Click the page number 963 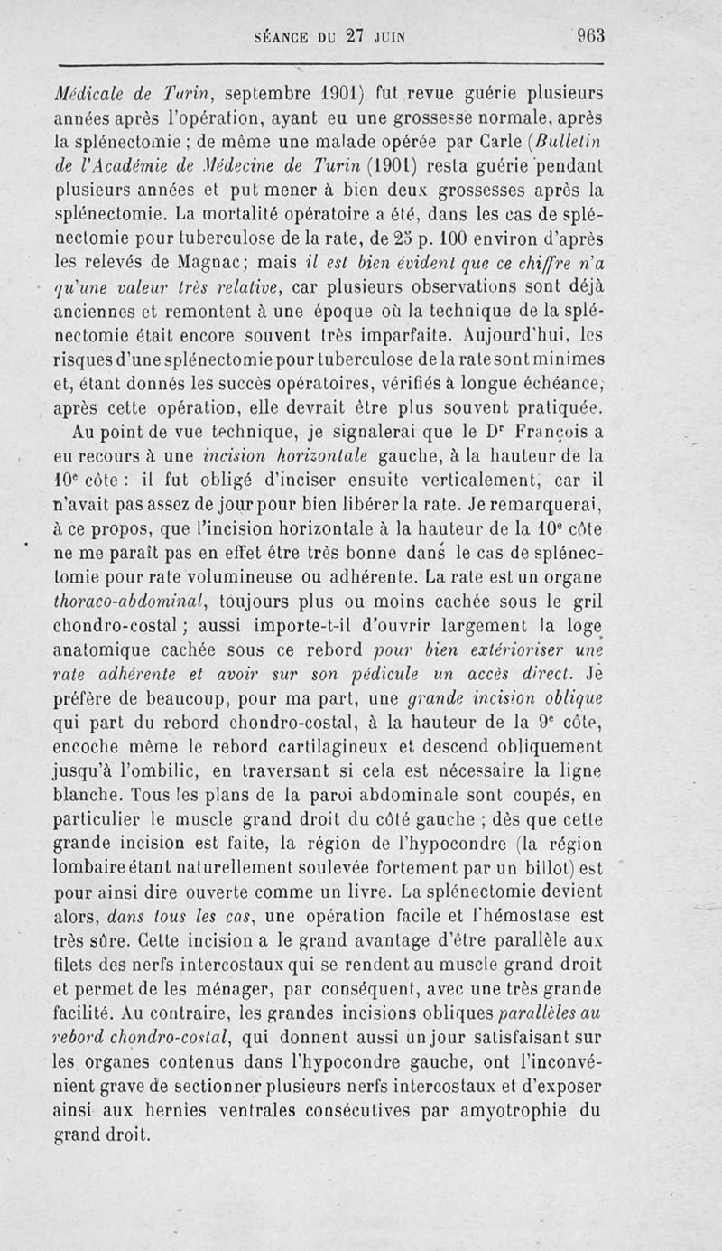590,37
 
